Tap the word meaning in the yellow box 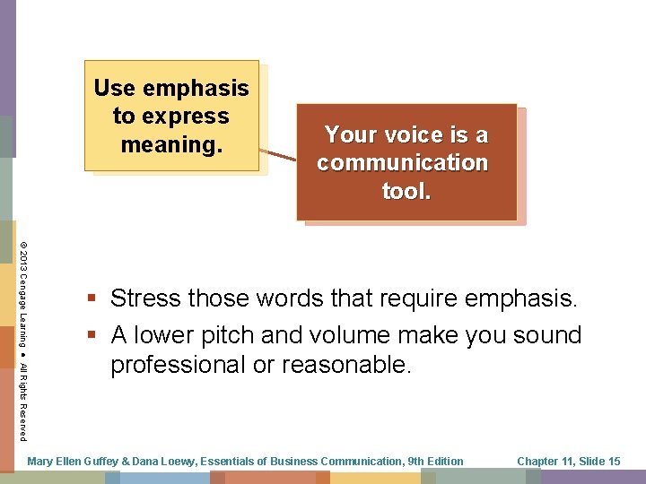tap(170, 144)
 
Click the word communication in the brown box tap(402, 162)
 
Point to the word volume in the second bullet tap(358, 335)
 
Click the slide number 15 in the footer tap(614, 462)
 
